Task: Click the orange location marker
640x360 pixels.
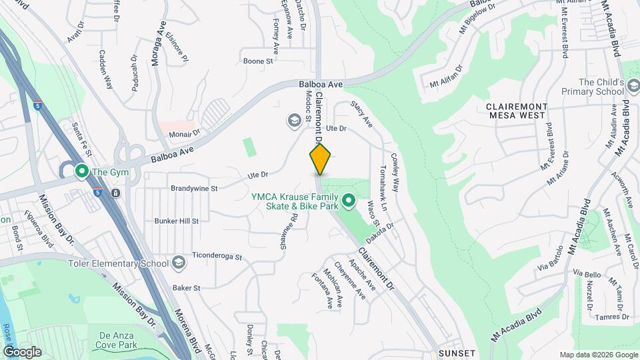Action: point(320,159)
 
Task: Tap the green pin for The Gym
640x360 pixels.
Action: point(82,172)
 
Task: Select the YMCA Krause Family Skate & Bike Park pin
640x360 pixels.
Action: point(347,200)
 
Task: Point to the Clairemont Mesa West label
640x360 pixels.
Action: point(517,111)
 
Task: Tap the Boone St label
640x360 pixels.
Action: point(258,61)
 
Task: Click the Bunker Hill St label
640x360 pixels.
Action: point(177,220)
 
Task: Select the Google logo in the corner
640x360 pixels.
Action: point(21,351)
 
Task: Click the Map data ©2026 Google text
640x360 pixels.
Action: point(598,355)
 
